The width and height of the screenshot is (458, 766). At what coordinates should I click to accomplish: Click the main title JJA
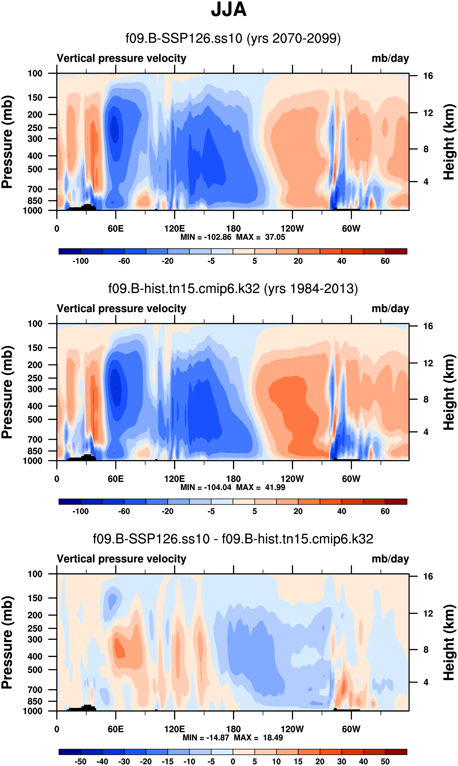(x=229, y=10)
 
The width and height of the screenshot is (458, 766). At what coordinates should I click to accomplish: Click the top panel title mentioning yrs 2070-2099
(x=233, y=38)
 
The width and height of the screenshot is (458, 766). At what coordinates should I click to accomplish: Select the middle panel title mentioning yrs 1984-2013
(x=233, y=288)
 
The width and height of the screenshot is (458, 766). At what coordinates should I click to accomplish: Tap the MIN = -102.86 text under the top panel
(x=206, y=237)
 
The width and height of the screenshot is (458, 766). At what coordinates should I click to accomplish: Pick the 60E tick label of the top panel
(x=116, y=229)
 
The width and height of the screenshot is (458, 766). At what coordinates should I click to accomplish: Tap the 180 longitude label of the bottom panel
(x=233, y=729)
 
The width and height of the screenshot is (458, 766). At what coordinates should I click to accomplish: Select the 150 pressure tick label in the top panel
(x=35, y=98)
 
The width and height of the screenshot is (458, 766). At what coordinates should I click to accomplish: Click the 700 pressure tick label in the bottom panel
(x=35, y=690)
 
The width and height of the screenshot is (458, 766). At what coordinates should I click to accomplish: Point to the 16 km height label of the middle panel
(x=428, y=326)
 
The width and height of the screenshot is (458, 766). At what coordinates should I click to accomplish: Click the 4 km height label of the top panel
(x=426, y=182)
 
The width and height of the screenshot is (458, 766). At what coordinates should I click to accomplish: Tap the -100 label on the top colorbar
(x=81, y=261)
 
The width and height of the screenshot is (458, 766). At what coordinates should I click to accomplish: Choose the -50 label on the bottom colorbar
(x=81, y=761)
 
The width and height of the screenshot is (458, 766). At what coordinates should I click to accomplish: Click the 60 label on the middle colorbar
(x=385, y=511)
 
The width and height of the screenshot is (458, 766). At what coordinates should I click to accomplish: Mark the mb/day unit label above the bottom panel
(x=390, y=559)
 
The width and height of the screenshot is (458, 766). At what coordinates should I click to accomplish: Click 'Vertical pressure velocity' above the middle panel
(x=122, y=308)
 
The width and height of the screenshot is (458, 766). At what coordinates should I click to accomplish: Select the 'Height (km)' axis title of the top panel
(x=449, y=142)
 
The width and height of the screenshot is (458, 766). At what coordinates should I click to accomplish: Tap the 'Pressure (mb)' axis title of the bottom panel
(x=7, y=642)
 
